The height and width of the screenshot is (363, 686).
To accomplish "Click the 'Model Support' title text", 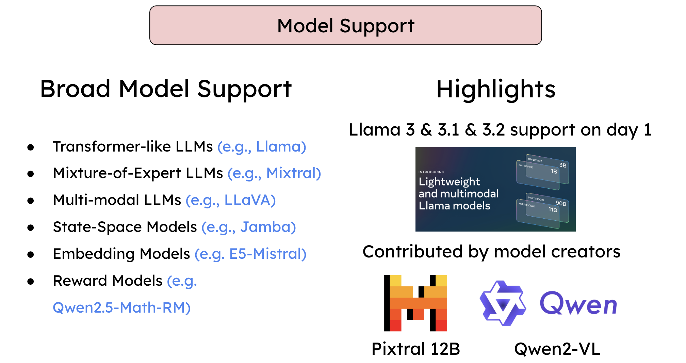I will (x=346, y=26).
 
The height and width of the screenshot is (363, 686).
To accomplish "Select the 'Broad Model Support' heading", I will (x=166, y=89).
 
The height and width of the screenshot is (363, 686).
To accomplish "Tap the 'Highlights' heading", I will (x=495, y=89).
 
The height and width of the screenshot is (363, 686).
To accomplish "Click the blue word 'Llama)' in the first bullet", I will (x=281, y=147).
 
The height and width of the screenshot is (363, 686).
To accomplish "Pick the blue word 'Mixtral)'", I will (x=293, y=173).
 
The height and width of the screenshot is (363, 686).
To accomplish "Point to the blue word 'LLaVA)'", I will (x=250, y=200).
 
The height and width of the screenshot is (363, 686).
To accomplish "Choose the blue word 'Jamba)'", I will (x=268, y=227).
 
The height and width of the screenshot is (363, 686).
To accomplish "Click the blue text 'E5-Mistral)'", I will (x=268, y=254).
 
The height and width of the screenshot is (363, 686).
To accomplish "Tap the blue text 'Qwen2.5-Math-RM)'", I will (x=121, y=307).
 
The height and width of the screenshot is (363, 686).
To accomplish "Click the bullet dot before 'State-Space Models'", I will (x=31, y=227).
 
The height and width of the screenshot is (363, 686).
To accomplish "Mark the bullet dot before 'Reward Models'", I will (x=31, y=281).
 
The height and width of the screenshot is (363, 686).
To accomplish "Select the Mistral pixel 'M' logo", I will (x=415, y=303).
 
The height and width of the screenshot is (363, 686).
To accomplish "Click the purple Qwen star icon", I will (x=503, y=303).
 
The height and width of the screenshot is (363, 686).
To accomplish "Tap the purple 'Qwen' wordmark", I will (x=578, y=304).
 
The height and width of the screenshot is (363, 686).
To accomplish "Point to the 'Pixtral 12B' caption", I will (x=415, y=349).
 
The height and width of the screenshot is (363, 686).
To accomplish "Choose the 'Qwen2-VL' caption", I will (x=557, y=349).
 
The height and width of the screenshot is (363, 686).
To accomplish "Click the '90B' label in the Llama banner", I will (x=561, y=204).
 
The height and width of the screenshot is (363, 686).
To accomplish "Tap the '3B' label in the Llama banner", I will (x=563, y=165).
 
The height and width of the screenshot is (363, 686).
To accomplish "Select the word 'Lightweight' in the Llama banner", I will (x=449, y=182).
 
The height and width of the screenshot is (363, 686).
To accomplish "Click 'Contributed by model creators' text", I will (x=491, y=252).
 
